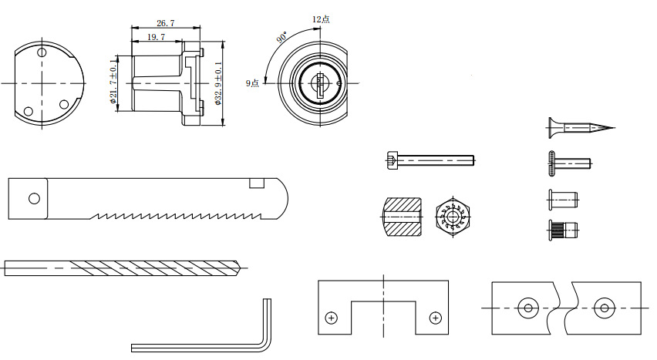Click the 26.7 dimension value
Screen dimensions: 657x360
(x=166, y=23)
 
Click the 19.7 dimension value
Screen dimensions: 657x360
(x=156, y=37)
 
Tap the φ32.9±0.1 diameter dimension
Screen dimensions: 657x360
(x=218, y=83)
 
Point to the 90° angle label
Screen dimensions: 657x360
(x=282, y=37)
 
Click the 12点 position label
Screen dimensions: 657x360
(x=321, y=19)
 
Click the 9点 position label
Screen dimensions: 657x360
(x=252, y=83)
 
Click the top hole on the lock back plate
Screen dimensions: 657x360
(x=42, y=52)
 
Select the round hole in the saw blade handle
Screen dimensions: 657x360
(x=35, y=198)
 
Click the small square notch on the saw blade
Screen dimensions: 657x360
(x=257, y=183)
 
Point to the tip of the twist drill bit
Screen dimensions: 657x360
(x=241, y=267)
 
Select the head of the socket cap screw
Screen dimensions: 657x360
(x=392, y=160)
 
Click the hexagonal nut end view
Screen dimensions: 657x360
(x=453, y=217)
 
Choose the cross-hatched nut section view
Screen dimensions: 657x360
(x=402, y=217)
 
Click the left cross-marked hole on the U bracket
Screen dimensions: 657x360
(x=332, y=318)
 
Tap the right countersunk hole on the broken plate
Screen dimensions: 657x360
(x=605, y=308)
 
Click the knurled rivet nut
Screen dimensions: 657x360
(x=563, y=230)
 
